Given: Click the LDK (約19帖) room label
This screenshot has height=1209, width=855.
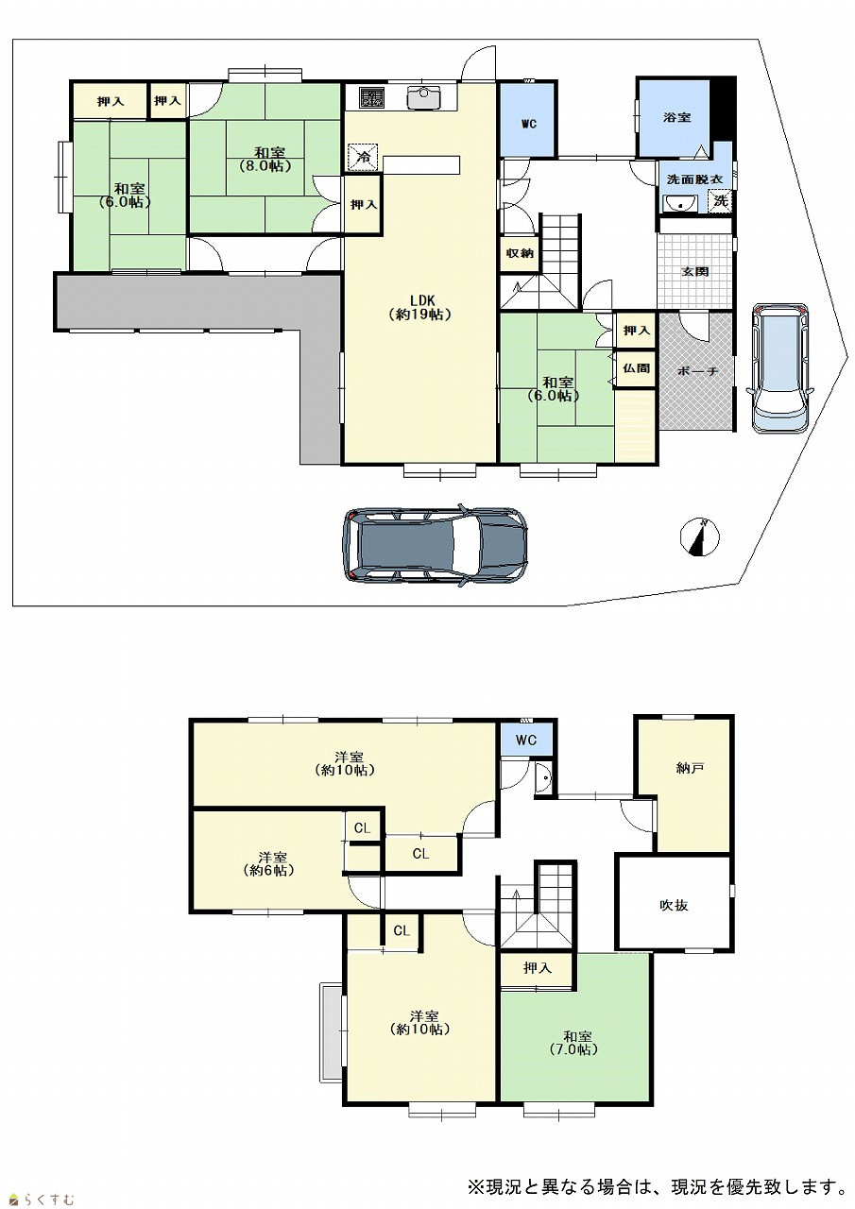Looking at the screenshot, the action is pyautogui.click(x=420, y=308).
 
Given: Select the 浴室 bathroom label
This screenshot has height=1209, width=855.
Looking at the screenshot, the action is pyautogui.click(x=676, y=117).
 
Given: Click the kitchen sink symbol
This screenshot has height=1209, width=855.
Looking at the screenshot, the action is pyautogui.click(x=423, y=97).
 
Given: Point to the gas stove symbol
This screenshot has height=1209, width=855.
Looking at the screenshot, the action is pyautogui.click(x=371, y=97).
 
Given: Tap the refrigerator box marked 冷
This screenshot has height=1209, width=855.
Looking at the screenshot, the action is pyautogui.click(x=362, y=158).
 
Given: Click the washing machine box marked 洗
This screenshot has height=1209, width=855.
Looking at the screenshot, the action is pyautogui.click(x=721, y=201).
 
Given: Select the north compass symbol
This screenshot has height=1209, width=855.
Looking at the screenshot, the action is pyautogui.click(x=699, y=537).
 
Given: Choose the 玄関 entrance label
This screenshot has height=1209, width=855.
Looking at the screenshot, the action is pyautogui.click(x=694, y=271).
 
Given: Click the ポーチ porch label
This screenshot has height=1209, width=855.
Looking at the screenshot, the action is pyautogui.click(x=696, y=371).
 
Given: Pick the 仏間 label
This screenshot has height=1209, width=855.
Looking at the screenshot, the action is pyautogui.click(x=636, y=368).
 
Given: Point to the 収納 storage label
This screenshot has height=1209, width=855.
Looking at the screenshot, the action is pyautogui.click(x=520, y=252).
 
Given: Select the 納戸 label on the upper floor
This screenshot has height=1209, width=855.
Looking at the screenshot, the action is pyautogui.click(x=690, y=768).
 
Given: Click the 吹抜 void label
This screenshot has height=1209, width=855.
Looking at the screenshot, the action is pyautogui.click(x=674, y=905).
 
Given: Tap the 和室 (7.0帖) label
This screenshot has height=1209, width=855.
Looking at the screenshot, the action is pyautogui.click(x=576, y=1043).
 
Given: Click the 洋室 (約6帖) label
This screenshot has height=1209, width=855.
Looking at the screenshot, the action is pyautogui.click(x=269, y=863).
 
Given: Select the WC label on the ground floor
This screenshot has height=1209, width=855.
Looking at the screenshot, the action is pyautogui.click(x=529, y=124).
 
